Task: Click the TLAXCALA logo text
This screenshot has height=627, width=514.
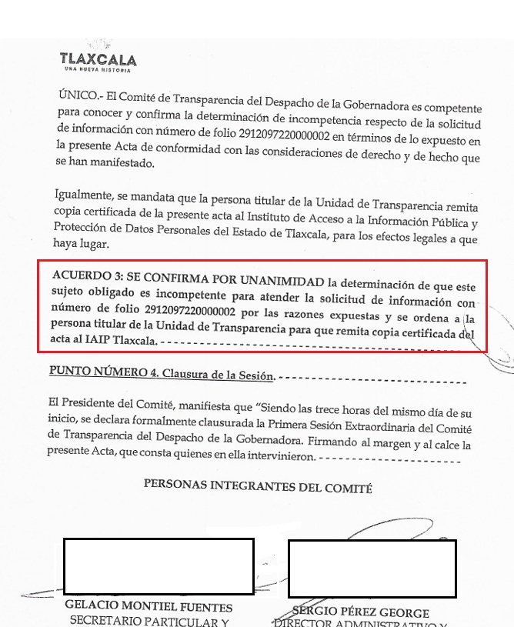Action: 98,59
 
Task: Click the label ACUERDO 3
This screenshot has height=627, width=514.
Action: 87,276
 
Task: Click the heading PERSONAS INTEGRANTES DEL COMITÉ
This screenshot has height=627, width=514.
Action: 257,487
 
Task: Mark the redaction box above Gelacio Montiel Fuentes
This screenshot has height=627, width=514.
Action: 159,566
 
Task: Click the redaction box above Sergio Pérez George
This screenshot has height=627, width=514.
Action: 372,569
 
